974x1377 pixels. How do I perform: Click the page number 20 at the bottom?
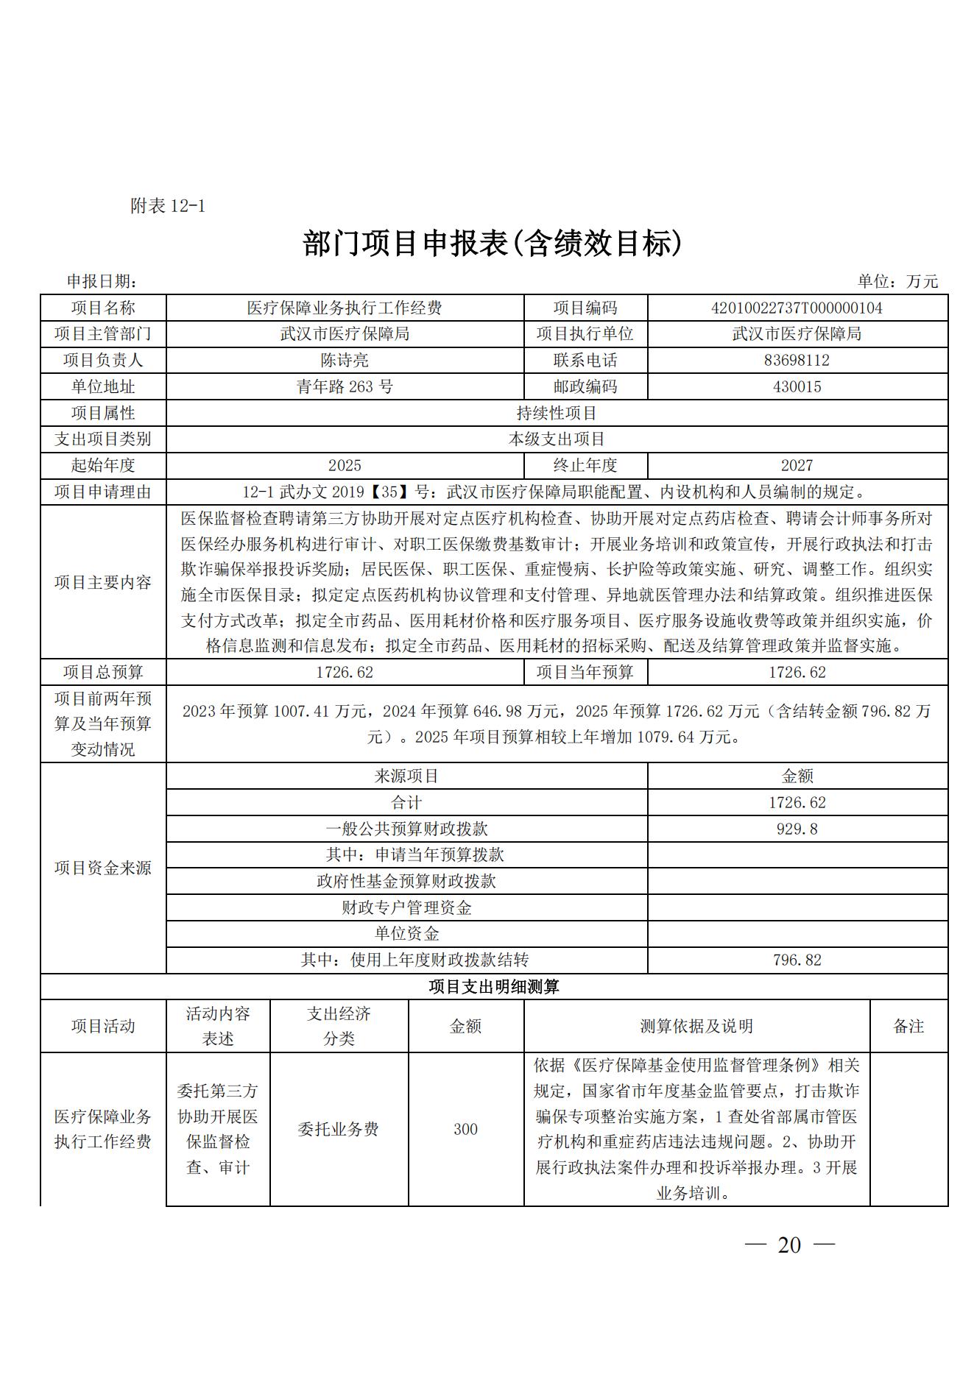[788, 1245]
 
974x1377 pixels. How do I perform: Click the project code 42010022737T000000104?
[797, 308]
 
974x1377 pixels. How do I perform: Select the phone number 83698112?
[797, 361]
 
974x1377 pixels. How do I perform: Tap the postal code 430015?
[797, 387]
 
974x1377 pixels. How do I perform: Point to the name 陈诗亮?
[345, 361]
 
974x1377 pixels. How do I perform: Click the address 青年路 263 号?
[345, 387]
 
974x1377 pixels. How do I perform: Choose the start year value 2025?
[345, 466]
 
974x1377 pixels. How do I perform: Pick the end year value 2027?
[797, 466]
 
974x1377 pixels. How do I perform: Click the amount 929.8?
[797, 829]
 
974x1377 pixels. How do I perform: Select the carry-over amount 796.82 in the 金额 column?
[797, 960]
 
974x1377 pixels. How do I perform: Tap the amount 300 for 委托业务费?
[465, 1129]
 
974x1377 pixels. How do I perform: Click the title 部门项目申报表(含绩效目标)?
[493, 244]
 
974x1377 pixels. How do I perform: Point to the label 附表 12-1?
[168, 206]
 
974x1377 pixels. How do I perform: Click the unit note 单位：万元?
[897, 281]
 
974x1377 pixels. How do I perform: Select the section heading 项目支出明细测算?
[494, 987]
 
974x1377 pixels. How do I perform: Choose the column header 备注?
[908, 1027]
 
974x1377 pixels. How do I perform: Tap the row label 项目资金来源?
[103, 868]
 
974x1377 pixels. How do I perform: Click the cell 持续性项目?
[557, 414]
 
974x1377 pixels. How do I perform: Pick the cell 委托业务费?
[339, 1129]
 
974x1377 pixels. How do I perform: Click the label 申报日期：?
[102, 281]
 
